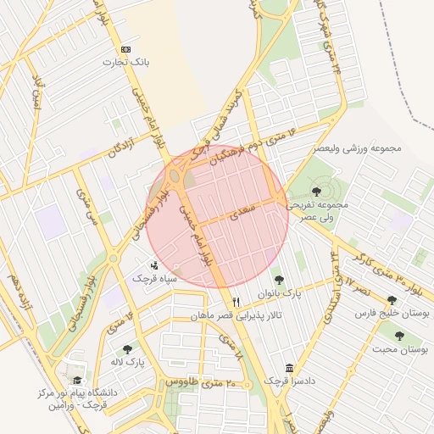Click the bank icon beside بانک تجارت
coord(126,49)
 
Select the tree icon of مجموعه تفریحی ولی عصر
coord(317,192)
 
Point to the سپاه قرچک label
coord(153,278)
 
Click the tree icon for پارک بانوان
coord(277,280)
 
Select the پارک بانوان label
coord(281,293)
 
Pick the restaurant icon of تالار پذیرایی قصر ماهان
coord(236,302)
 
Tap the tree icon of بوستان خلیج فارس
coord(391,300)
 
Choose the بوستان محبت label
coord(400,349)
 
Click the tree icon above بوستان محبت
coord(399,336)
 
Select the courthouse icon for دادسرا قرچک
coord(290,368)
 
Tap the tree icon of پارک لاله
coord(127,348)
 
